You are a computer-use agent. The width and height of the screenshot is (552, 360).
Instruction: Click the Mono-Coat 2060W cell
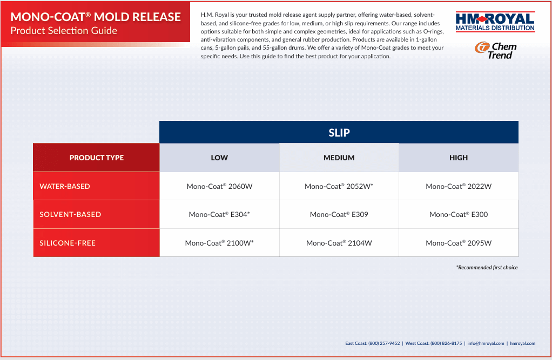219,186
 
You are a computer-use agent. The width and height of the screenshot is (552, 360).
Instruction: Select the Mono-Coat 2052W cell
339,186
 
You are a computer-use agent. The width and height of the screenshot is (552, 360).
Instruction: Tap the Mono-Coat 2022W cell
459,186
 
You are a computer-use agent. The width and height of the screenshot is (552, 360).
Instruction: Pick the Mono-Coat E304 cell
219,214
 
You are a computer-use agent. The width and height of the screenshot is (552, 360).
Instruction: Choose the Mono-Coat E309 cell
339,214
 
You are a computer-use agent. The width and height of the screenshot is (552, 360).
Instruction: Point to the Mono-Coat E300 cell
459,214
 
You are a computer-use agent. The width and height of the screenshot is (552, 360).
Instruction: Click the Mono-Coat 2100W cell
219,243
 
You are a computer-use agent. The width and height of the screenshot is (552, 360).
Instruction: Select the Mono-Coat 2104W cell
339,243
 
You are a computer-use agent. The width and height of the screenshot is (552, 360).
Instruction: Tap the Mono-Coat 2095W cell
459,243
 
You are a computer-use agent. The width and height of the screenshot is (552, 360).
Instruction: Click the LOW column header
219,158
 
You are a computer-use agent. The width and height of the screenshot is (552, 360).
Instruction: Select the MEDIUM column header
339,158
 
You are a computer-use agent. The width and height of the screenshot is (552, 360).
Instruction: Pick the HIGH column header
459,158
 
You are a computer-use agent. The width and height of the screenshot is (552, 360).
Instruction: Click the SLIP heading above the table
339,132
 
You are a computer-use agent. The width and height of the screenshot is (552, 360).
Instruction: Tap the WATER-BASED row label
65,186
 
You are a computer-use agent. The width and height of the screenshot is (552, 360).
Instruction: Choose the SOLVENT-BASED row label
70,214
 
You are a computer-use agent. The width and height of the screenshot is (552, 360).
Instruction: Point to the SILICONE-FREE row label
67,243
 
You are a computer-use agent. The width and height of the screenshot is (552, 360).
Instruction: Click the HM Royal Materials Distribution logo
495,22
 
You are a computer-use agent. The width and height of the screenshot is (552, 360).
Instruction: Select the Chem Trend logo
496,51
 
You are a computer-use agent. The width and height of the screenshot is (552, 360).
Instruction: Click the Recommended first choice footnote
487,268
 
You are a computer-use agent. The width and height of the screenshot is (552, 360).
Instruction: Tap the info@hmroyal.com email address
486,343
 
